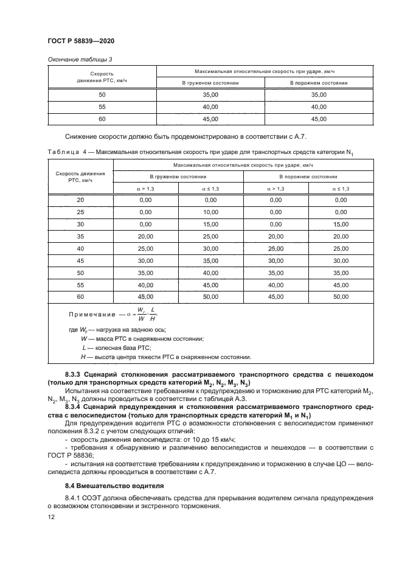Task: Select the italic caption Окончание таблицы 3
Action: tap(77, 59)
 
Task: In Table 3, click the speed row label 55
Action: tap(102, 107)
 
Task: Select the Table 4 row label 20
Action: tap(80, 200)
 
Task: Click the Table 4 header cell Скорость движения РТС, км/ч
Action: tap(80, 176)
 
